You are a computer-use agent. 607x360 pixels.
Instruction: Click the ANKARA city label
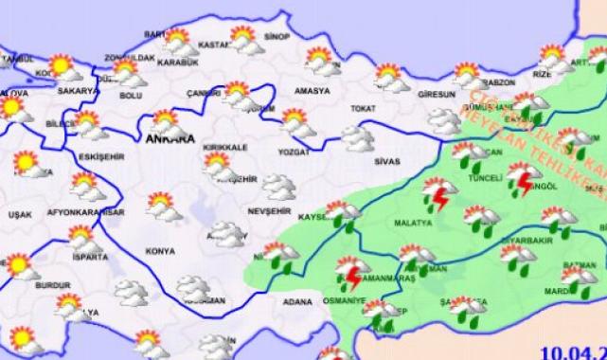pos(170,139)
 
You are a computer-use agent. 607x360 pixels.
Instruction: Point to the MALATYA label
pos(412,225)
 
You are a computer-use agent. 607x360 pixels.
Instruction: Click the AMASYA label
pos(313,91)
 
